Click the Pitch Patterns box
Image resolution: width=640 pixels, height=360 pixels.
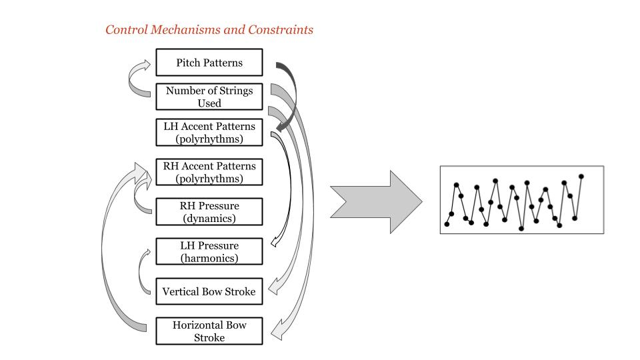(x=209, y=63)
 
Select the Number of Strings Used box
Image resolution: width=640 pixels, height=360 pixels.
(x=209, y=97)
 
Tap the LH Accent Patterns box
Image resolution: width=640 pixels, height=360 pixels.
(x=209, y=132)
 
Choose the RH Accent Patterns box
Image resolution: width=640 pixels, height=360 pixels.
(x=209, y=172)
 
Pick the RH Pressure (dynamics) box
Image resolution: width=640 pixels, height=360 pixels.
(x=209, y=212)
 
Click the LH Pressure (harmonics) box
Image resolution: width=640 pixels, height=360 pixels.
(x=209, y=252)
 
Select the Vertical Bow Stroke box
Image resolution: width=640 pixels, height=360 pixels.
(x=209, y=292)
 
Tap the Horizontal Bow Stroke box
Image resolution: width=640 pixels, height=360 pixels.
(x=209, y=331)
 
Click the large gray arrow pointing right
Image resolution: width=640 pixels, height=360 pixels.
(x=377, y=202)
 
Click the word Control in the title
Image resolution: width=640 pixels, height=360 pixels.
(x=126, y=30)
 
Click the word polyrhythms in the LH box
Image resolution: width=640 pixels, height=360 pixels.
(x=209, y=139)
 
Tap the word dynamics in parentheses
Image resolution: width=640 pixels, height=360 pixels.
(x=209, y=219)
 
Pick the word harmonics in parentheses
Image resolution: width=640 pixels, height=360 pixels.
(x=209, y=259)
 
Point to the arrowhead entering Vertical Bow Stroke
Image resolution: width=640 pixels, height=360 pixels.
(x=271, y=289)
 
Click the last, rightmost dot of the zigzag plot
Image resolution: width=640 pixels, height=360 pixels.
(x=581, y=177)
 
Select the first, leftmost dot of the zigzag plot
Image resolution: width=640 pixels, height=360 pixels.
(x=447, y=224)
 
